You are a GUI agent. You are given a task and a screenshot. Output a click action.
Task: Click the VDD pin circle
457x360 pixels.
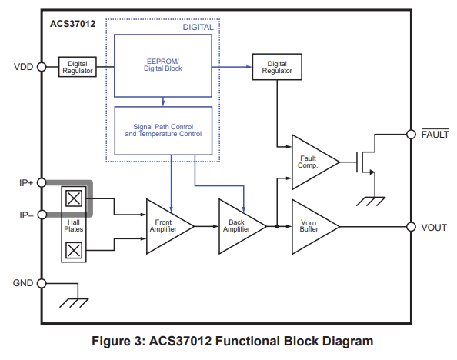pyautogui.click(x=42, y=67)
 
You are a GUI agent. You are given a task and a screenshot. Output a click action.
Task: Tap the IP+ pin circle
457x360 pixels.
pyautogui.click(x=42, y=183)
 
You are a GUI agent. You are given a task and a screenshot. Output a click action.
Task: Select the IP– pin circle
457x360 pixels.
pyautogui.click(x=42, y=215)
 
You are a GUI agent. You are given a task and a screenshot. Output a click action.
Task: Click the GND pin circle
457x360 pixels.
pyautogui.click(x=42, y=283)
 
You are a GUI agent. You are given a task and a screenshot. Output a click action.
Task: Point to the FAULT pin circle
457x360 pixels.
pyautogui.click(x=411, y=135)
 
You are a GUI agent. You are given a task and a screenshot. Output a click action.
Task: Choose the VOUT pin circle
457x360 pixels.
pyautogui.click(x=411, y=226)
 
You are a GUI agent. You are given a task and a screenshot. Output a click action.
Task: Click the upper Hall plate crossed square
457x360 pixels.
pyautogui.click(x=74, y=198)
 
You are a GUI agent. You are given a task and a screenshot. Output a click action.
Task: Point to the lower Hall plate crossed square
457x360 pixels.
pyautogui.click(x=74, y=251)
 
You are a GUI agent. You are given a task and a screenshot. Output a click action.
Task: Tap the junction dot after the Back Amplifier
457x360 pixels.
pyautogui.click(x=277, y=226)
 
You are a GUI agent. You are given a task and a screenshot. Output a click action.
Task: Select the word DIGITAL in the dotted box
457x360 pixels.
pyautogui.click(x=198, y=27)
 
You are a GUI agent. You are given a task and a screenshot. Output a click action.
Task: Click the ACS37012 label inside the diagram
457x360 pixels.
pyautogui.click(x=72, y=24)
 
